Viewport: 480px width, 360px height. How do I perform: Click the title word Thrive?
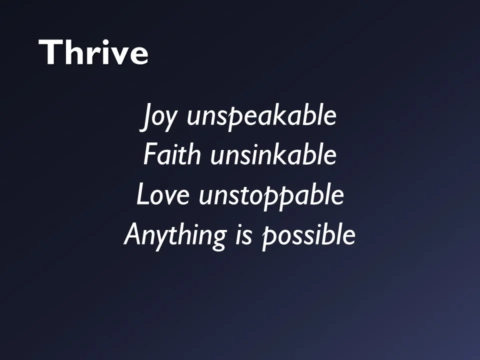pyautogui.click(x=93, y=52)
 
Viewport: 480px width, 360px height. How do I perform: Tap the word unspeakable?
pyautogui.click(x=261, y=117)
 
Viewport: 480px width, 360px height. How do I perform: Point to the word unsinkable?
pyautogui.click(x=273, y=155)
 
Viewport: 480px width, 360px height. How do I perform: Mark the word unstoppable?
pyautogui.click(x=271, y=195)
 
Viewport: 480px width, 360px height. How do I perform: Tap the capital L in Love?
pyautogui.click(x=142, y=194)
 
